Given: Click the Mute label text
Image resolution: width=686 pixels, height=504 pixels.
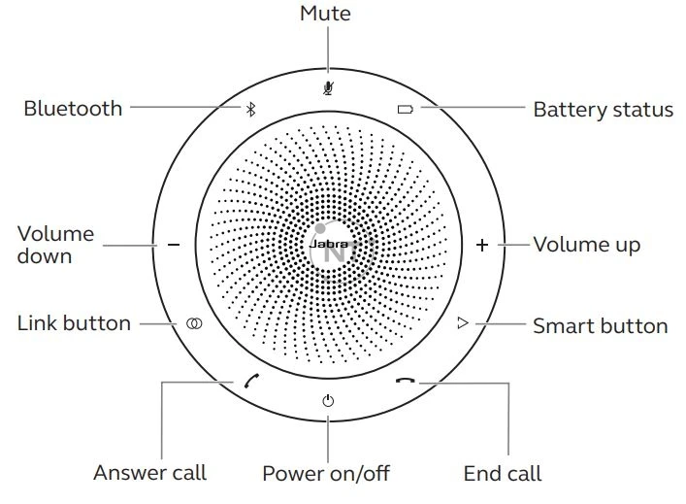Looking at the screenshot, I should pyautogui.click(x=326, y=14).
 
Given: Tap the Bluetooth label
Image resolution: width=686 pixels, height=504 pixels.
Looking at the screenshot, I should pyautogui.click(x=73, y=108).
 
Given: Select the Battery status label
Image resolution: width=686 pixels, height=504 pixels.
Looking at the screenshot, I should pyautogui.click(x=603, y=110).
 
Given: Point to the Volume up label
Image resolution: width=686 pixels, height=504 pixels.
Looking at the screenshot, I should pyautogui.click(x=586, y=244).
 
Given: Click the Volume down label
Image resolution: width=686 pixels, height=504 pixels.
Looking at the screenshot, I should pyautogui.click(x=56, y=245).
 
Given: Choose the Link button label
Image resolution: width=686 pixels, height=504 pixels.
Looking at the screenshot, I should pyautogui.click(x=74, y=323).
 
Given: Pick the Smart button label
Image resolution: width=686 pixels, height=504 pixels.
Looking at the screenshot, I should pyautogui.click(x=600, y=325).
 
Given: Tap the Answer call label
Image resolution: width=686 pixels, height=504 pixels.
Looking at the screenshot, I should pyautogui.click(x=149, y=473).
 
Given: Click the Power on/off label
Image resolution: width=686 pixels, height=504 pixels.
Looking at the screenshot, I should pyautogui.click(x=326, y=473).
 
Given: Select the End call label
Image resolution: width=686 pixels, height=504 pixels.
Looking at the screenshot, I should pyautogui.click(x=502, y=473).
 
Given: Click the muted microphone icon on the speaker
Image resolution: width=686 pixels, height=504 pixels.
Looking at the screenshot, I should pyautogui.click(x=328, y=86).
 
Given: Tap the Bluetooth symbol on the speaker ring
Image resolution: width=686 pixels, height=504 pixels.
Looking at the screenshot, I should pyautogui.click(x=249, y=109).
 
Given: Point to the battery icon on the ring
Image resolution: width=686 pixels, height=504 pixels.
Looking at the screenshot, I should pyautogui.click(x=405, y=109).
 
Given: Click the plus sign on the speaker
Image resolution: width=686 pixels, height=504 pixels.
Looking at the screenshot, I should pyautogui.click(x=482, y=245).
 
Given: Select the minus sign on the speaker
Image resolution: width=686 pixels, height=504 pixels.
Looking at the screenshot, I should pyautogui.click(x=174, y=245).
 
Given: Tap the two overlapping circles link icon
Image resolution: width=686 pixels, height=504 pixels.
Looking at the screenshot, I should pyautogui.click(x=195, y=322).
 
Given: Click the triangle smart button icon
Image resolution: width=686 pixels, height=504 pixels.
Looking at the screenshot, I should pyautogui.click(x=463, y=322).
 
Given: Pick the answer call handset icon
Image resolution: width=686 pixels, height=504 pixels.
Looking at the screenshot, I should pyautogui.click(x=253, y=381).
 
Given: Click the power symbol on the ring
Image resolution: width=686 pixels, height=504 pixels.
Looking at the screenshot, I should pyautogui.click(x=328, y=400).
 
